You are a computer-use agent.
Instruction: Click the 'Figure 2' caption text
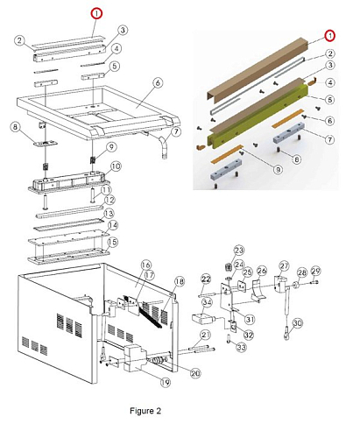pos(145,411)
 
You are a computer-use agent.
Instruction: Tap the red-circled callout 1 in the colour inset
pos(330,36)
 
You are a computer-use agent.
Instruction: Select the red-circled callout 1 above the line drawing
pos(96,13)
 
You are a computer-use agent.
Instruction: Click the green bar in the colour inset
pos(258,117)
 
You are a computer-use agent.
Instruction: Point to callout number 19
pos(166,382)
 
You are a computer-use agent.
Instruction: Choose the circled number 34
pos(207,302)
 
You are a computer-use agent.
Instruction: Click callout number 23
pos(239,251)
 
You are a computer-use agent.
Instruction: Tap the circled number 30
pos(297,323)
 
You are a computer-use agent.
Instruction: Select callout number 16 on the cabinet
pos(145,265)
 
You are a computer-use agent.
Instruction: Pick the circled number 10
pos(116,166)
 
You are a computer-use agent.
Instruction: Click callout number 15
pos(112,242)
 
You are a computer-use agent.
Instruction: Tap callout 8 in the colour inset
pos(297,159)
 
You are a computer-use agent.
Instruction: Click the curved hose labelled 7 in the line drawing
pos(165,146)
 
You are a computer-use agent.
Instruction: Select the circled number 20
pos(195,373)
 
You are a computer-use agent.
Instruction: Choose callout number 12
pos(109,200)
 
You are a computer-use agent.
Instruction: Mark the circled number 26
pos(262,271)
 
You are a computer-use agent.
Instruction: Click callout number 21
pos(206,335)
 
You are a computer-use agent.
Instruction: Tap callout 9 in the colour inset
pos(278,169)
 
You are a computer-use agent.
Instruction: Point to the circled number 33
pos(241,347)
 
